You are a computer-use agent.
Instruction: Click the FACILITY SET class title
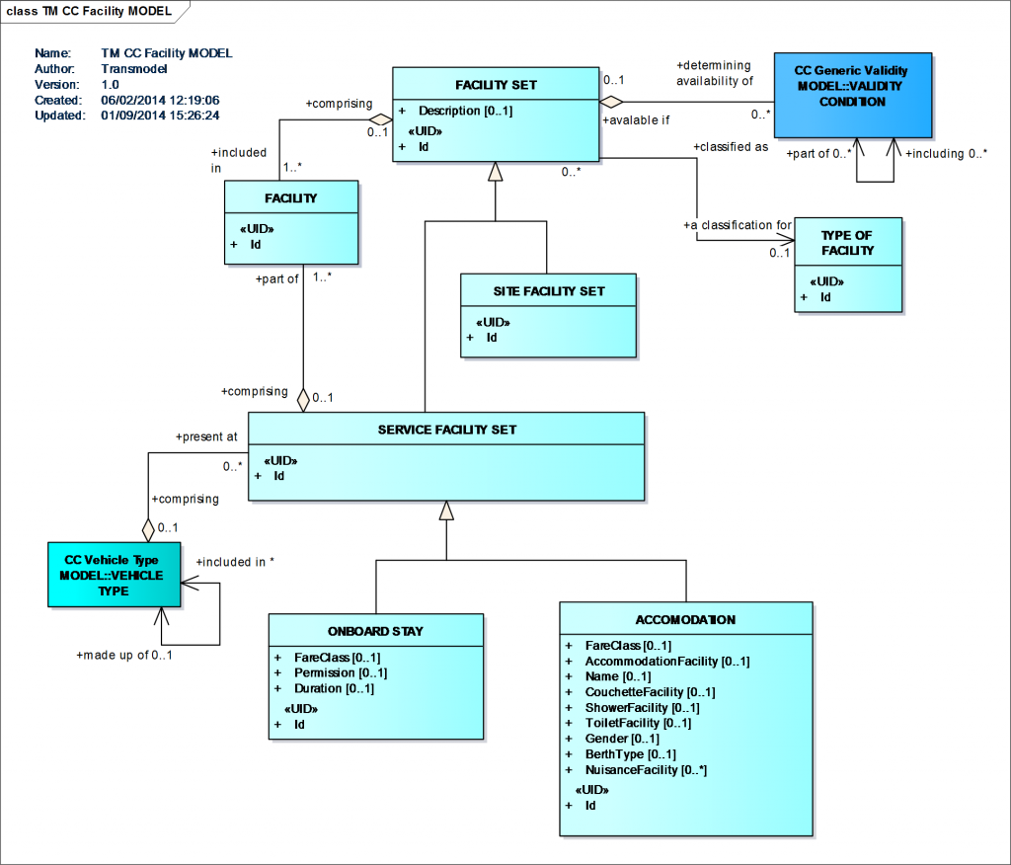pyautogui.click(x=496, y=86)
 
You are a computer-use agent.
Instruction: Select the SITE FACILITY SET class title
pyautogui.click(x=548, y=291)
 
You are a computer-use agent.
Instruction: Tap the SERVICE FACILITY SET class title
pyautogui.click(x=446, y=430)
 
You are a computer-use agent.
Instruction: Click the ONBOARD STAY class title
pyautogui.click(x=375, y=631)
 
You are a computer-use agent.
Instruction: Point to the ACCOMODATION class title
pyautogui.click(x=686, y=619)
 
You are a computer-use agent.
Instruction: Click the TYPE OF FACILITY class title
pyautogui.click(x=848, y=243)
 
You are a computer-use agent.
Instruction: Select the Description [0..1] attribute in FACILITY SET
pyautogui.click(x=465, y=111)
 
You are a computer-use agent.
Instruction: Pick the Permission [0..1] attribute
pyautogui.click(x=341, y=672)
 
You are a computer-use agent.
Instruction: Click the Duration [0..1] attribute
pyautogui.click(x=334, y=688)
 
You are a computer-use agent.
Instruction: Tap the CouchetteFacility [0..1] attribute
pyautogui.click(x=650, y=692)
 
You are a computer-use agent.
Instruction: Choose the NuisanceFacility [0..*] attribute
pyautogui.click(x=646, y=769)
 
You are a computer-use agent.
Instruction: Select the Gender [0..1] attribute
pyautogui.click(x=622, y=739)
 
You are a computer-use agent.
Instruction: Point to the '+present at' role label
pyautogui.click(x=206, y=435)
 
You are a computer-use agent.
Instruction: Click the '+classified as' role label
pyautogui.click(x=731, y=146)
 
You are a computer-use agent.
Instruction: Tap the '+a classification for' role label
pyautogui.click(x=738, y=225)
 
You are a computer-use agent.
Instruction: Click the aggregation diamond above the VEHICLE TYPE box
pyautogui.click(x=148, y=528)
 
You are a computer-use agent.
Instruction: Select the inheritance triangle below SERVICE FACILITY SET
pyautogui.click(x=446, y=511)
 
